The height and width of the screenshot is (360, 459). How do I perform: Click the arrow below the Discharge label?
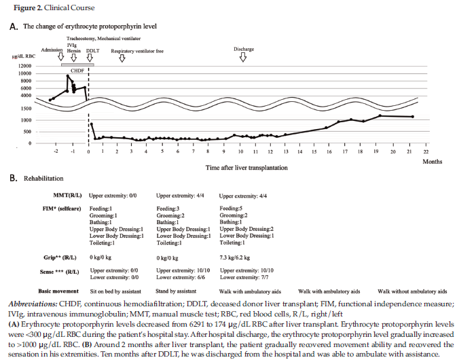click(243, 58)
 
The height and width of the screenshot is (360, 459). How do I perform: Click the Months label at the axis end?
click(433, 162)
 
